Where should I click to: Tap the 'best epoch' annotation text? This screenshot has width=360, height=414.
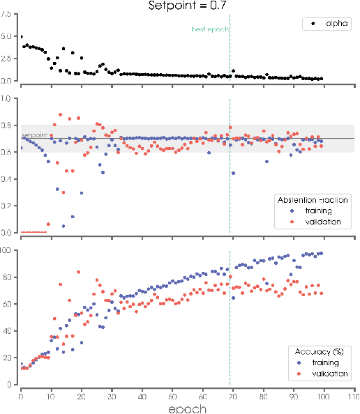[x=209, y=30]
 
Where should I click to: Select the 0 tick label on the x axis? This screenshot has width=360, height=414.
[x=20, y=394]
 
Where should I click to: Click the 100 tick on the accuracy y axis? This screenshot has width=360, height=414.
[x=8, y=250]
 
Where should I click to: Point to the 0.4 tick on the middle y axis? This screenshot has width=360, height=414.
[x=8, y=179]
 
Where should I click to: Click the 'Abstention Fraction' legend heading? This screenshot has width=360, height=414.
[x=313, y=199]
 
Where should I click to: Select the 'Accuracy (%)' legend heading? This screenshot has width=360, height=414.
[x=319, y=352]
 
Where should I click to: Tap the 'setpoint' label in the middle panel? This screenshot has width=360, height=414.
[x=33, y=135]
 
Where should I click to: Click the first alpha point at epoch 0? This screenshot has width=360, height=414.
[x=21, y=37]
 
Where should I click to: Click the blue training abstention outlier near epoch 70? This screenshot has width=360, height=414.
[x=233, y=173]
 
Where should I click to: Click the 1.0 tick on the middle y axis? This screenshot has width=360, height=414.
[x=8, y=98]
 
